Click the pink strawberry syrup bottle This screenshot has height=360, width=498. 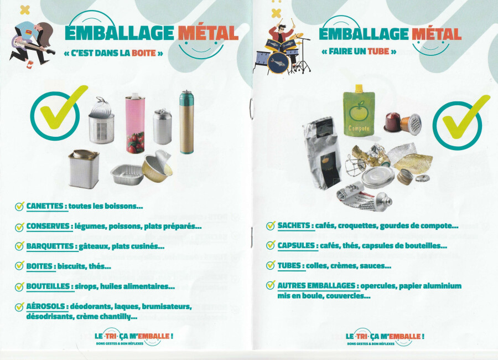pos(136,124)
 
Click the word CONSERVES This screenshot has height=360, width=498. pos(48,226)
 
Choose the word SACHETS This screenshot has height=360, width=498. pos(294,225)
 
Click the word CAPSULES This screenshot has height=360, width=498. pos(296,245)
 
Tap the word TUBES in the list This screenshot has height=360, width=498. pos(289,265)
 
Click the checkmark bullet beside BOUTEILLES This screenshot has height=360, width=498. pos(19,286)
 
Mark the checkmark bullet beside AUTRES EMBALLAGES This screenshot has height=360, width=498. pos(271,285)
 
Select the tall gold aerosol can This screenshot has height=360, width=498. pos(186,122)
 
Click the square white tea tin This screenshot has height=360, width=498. pos(84,169)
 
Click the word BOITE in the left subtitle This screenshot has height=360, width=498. pos(143,53)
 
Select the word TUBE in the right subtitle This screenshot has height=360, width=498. pos(378,51)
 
